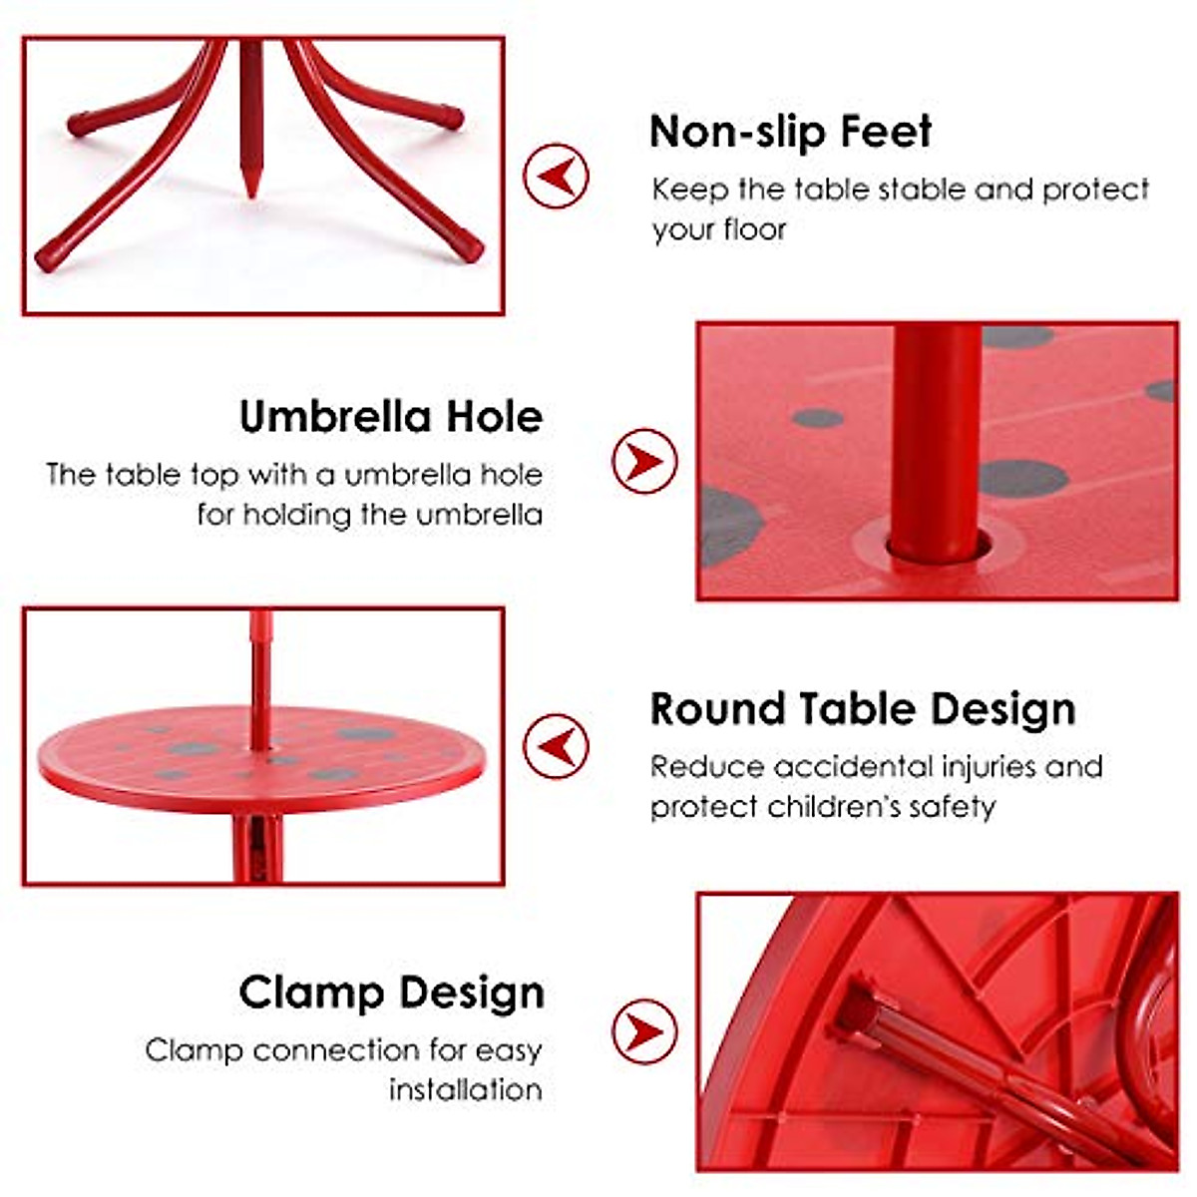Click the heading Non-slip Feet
[790, 133]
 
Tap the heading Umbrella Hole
[391, 417]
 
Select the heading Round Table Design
[863, 709]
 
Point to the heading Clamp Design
[391, 994]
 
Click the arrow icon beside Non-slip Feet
[556, 177]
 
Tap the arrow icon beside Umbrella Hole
[644, 461]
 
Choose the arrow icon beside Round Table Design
[556, 746]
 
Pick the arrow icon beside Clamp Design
[644, 1030]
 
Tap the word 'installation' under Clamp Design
[466, 1089]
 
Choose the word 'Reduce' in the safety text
[707, 767]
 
